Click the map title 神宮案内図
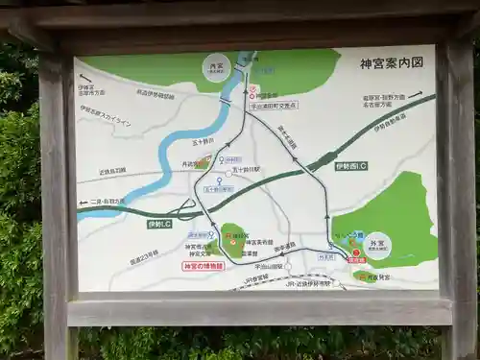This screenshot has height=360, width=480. (391, 64)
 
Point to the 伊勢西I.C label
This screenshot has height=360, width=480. (351, 166)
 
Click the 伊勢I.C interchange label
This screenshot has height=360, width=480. (159, 224)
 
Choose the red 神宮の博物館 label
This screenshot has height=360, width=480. (203, 266)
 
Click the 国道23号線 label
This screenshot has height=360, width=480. (144, 257)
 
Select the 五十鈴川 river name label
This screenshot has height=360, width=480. (203, 140)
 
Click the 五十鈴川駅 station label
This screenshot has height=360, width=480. (244, 169)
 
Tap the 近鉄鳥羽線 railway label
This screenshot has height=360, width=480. (113, 172)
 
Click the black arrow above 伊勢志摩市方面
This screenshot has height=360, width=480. (86, 78)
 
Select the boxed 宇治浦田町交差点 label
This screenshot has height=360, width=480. (274, 106)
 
